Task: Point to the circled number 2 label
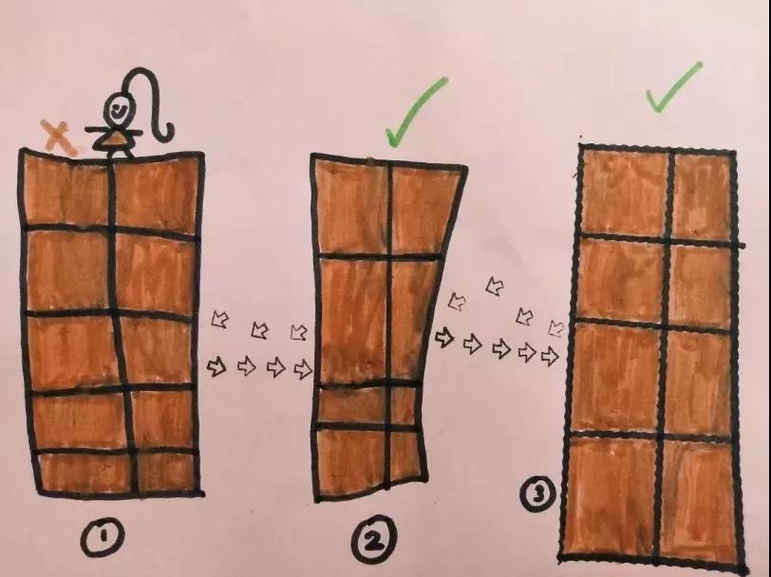coord(374,539)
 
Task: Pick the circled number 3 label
coord(538,494)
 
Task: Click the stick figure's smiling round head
coord(120,109)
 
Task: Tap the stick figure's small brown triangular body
coord(117,140)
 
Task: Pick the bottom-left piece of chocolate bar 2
coord(350,462)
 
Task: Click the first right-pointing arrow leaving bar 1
coord(216,366)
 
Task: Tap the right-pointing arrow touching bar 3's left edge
coord(550,356)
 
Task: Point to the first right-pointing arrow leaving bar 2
coord(444,338)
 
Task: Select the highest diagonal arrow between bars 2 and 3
coord(495,285)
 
